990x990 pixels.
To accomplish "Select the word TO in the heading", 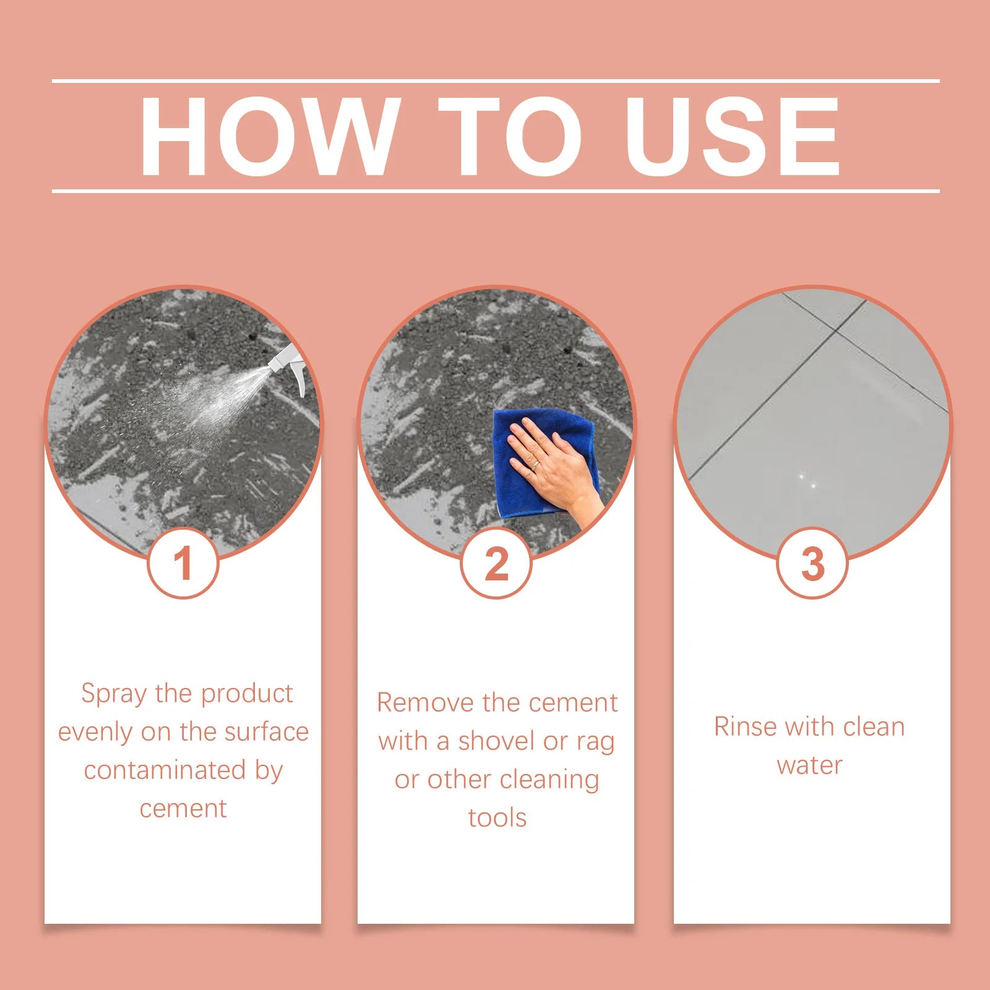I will coord(510,137).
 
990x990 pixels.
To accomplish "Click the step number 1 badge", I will coord(183,564).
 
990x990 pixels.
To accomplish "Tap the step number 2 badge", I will coord(496,564).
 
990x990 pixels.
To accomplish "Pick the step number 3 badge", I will coord(812,564).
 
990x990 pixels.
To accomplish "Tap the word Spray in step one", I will coord(115,694).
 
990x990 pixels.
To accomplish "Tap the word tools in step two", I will coord(497,819).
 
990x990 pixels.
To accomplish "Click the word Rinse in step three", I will coord(744,727).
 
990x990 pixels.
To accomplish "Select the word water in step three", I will coord(809,766).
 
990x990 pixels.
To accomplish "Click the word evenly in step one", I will coord(95,733).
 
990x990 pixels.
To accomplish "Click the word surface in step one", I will coord(266,733).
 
